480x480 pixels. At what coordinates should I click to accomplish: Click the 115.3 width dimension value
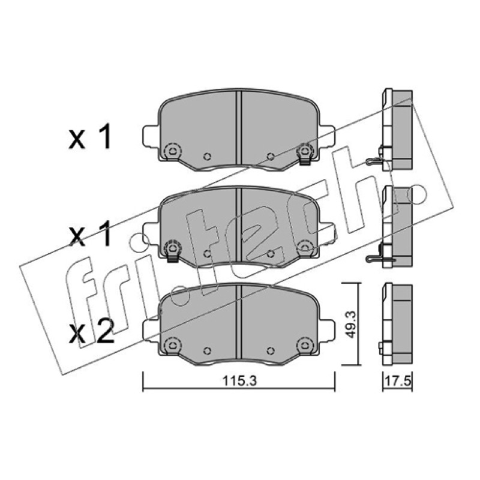tap(239, 381)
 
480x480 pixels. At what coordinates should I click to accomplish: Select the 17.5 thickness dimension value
tap(398, 382)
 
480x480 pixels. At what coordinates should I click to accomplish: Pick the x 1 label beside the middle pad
tap(89, 235)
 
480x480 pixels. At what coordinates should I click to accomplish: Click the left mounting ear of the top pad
tap(151, 135)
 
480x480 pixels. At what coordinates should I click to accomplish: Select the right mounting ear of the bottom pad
tap(328, 329)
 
